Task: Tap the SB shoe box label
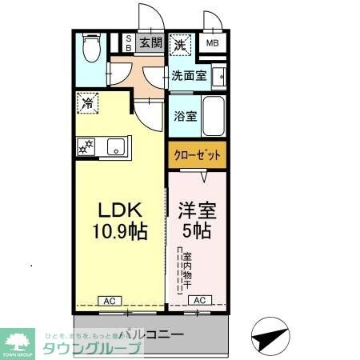point(126,42)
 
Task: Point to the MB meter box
point(212,44)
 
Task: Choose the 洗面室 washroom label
point(189,76)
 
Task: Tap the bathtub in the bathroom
point(213,114)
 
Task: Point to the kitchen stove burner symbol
point(86,146)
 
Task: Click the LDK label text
point(120,210)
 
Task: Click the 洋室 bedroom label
point(197,211)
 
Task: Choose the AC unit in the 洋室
point(198,301)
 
